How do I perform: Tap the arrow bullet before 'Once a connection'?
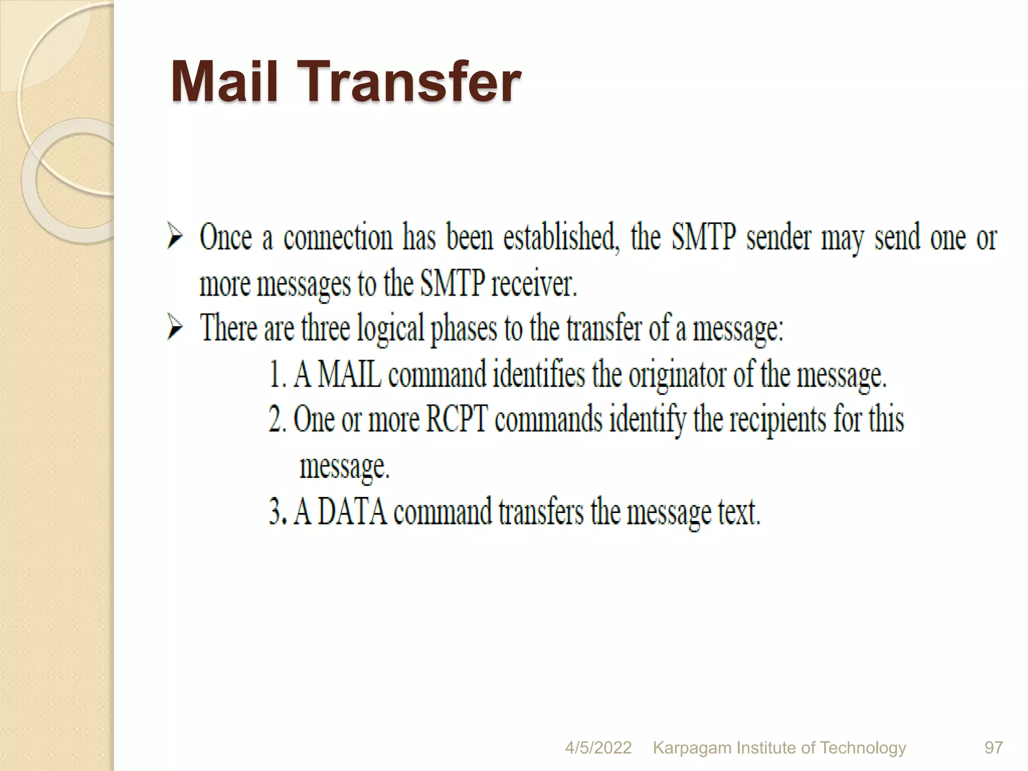point(175,237)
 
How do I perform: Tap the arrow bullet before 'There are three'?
point(175,328)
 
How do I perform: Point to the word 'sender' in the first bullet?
point(779,237)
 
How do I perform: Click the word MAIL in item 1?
point(349,374)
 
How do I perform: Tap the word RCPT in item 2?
point(456,419)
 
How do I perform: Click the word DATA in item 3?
point(352,512)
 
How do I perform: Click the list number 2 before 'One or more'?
point(276,419)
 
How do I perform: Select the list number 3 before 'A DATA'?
point(276,512)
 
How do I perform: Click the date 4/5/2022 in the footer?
point(598,748)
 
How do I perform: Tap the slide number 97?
point(993,748)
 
